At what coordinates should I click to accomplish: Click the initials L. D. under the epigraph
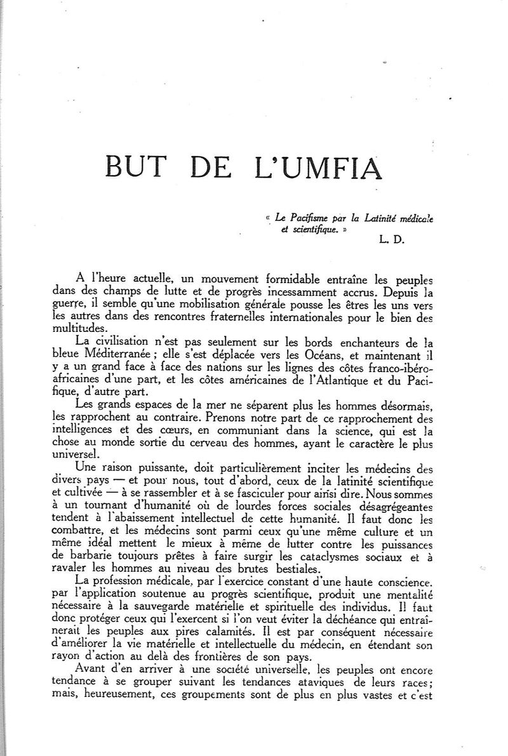[x=387, y=239]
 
